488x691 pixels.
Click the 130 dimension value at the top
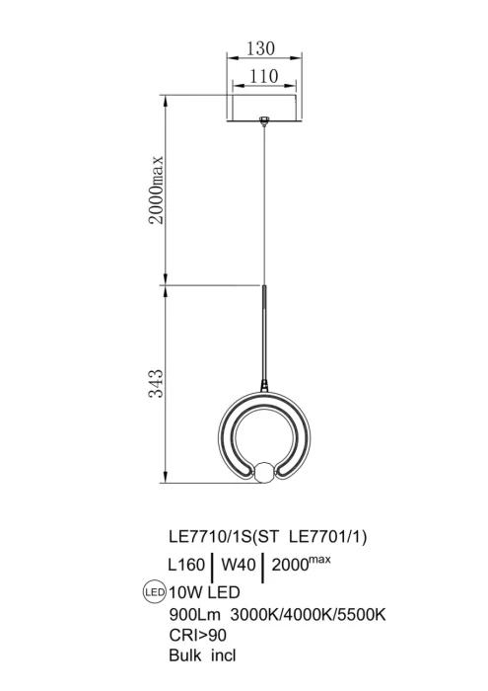pyautogui.click(x=260, y=48)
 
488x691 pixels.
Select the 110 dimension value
pyautogui.click(x=264, y=76)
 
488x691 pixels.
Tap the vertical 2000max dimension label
pyautogui.click(x=156, y=190)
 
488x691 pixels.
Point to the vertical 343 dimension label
pyautogui.click(x=156, y=383)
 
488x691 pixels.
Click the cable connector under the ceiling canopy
pyautogui.click(x=264, y=121)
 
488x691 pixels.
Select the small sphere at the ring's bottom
pyautogui.click(x=264, y=472)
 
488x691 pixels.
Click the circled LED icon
pyautogui.click(x=155, y=592)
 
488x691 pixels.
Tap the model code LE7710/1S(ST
pyautogui.click(x=224, y=537)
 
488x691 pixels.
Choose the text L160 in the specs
pyautogui.click(x=186, y=565)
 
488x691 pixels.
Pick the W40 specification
pyautogui.click(x=238, y=565)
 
